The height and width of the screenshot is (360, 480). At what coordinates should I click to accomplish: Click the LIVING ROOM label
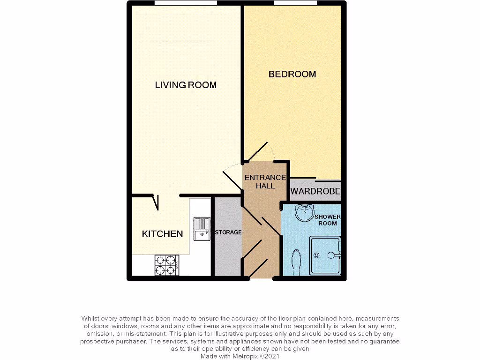(186, 85)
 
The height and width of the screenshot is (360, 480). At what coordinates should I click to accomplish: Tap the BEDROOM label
(292, 74)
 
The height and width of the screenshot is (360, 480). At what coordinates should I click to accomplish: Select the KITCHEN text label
(162, 233)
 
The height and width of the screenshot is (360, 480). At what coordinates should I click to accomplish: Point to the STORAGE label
(228, 232)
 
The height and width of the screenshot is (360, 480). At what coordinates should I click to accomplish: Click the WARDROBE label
(315, 192)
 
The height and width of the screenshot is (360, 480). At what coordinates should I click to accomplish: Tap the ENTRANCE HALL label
(265, 181)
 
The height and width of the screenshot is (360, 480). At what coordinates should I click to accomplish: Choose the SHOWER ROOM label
(327, 220)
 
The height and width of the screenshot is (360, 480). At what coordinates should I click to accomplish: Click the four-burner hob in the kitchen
(166, 265)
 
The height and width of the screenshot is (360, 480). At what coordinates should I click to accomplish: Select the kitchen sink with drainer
(202, 229)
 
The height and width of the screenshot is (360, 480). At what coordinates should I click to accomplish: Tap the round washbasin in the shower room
(304, 212)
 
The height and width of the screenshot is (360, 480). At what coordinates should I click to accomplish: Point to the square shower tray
(325, 255)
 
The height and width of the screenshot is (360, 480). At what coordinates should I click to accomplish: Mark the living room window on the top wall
(186, 3)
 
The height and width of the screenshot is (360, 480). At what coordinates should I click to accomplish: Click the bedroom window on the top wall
(295, 3)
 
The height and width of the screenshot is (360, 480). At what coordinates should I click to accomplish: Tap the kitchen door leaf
(156, 202)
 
